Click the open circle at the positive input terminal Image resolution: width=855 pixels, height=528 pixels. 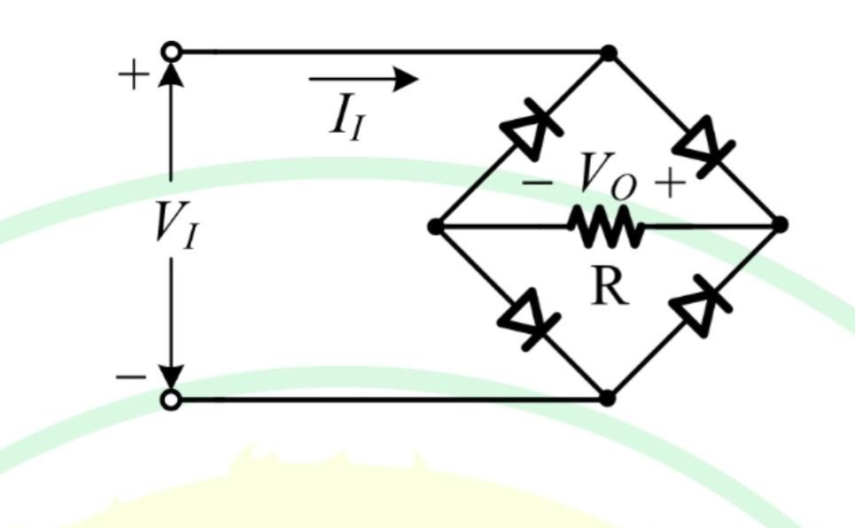tap(172, 51)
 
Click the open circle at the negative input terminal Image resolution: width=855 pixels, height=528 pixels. tap(171, 400)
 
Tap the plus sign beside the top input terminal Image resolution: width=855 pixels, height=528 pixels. tap(133, 74)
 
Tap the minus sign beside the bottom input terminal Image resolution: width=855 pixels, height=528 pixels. tap(131, 377)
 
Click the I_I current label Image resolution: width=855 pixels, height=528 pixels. tap(346, 116)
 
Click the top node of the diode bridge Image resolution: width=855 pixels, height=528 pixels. tap(609, 53)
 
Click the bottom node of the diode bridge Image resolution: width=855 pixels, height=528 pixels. tap(607, 399)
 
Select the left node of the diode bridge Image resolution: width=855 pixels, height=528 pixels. tap(436, 227)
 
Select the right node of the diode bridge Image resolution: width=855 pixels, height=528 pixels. tap(781, 224)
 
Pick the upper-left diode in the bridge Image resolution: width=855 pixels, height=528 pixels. tap(530, 128)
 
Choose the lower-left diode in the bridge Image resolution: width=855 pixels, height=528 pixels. tap(528, 319)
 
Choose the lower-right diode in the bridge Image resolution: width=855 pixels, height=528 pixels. tap(700, 307)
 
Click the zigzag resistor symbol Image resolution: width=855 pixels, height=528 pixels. tap(606, 226)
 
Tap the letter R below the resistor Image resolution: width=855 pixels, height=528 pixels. tap(610, 286)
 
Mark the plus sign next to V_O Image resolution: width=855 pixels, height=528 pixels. tap(670, 183)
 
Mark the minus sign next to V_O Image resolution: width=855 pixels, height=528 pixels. tap(538, 183)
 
